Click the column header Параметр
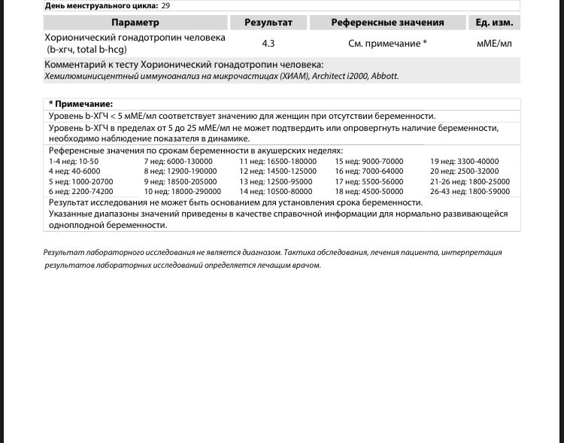(x=135, y=23)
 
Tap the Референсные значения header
(x=388, y=23)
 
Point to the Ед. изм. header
(x=494, y=23)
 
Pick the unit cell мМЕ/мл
(x=494, y=44)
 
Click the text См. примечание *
(x=388, y=44)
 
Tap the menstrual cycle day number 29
(x=166, y=5)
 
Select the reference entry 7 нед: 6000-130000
(x=178, y=162)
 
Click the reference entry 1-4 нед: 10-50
(x=74, y=162)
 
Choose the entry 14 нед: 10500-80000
(x=276, y=192)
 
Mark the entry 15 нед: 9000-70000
(x=369, y=162)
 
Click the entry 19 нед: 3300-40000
(x=464, y=162)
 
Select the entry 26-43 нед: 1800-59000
(x=469, y=192)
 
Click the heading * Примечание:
(x=80, y=104)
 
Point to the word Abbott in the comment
(x=384, y=77)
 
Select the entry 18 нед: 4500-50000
(x=369, y=192)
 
